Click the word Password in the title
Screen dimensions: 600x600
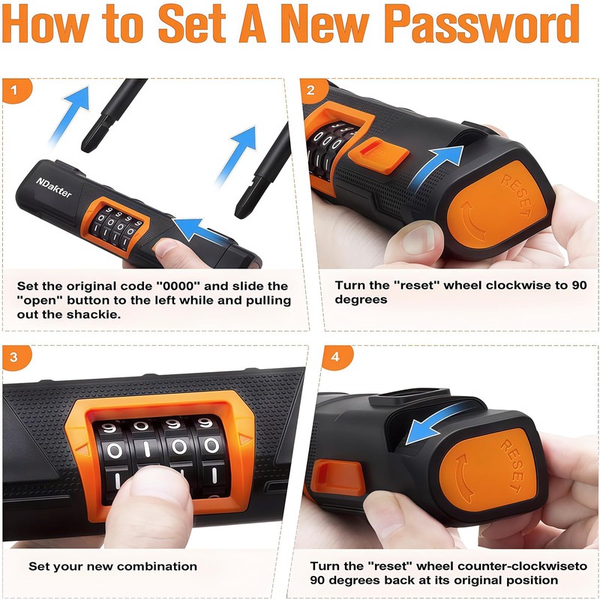[x=481, y=24]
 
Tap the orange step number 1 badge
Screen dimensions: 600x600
[x=16, y=90]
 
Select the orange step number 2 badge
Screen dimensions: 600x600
[x=313, y=90]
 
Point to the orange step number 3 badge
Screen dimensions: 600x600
[x=16, y=358]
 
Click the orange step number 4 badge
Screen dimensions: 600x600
[x=337, y=358]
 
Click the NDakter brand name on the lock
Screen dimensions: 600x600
[x=54, y=187]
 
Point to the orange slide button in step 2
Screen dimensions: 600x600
[x=379, y=156]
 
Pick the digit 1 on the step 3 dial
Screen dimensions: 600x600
[x=146, y=448]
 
